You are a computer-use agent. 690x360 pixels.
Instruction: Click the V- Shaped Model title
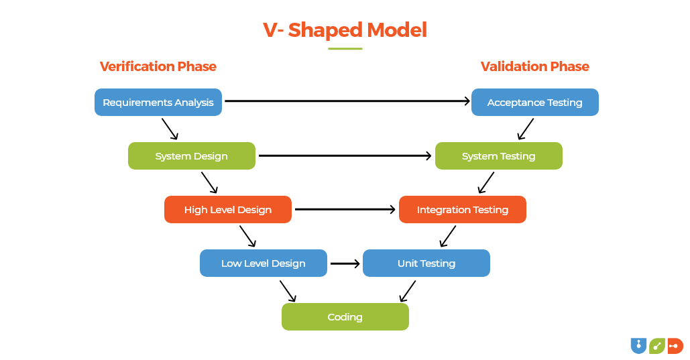[x=345, y=30]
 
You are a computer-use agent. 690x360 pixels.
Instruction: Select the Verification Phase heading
[x=158, y=66]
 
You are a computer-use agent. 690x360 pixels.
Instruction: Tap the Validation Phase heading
[x=534, y=66]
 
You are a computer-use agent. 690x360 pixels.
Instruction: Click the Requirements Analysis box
[x=158, y=103]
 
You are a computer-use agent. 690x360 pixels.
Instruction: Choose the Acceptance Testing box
[x=534, y=103]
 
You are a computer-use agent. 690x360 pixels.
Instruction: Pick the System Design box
[x=192, y=156]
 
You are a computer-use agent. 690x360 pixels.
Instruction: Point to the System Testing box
[x=498, y=156]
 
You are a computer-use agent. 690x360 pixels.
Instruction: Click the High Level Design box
[x=228, y=210]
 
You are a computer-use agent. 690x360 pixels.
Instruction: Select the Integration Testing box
[x=462, y=210]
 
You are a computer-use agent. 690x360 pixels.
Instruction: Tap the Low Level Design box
[x=264, y=263]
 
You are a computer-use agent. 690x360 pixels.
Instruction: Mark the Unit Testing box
[x=426, y=263]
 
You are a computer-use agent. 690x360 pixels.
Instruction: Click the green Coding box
[x=345, y=317]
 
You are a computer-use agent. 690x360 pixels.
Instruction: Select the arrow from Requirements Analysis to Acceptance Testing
[x=347, y=101]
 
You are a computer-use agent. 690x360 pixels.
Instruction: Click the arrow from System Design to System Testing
[x=345, y=156]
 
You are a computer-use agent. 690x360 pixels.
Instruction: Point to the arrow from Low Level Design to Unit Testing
[x=345, y=263]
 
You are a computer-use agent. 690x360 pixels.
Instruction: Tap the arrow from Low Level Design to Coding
[x=288, y=291]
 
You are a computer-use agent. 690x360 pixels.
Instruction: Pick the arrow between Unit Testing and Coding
[x=407, y=291]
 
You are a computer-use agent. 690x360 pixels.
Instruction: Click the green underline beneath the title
[x=345, y=49]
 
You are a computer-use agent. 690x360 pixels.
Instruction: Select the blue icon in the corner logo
[x=638, y=345]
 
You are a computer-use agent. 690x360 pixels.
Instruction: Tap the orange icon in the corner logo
[x=675, y=345]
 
